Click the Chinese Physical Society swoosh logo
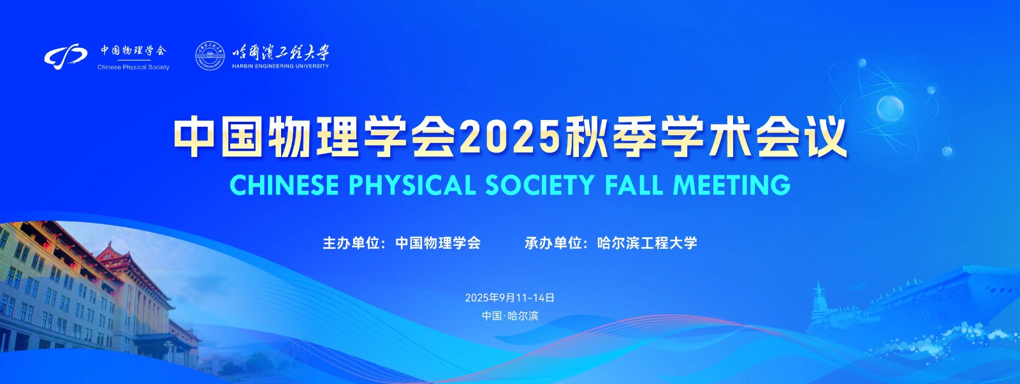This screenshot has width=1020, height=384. point(66,57)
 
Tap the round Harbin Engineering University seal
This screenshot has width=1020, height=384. point(210,56)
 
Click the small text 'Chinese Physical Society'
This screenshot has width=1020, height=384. point(133,68)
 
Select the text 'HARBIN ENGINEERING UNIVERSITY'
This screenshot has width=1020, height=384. point(280,66)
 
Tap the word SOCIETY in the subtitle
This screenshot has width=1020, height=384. point(540,185)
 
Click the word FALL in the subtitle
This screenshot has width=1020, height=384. point(634,185)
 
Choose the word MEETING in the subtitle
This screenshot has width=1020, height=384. point(732,185)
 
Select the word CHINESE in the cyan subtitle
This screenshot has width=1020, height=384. point(284,185)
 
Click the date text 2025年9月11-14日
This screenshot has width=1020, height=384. point(509,298)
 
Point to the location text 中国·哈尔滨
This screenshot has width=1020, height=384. point(510,316)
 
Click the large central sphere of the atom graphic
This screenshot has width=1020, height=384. point(890,108)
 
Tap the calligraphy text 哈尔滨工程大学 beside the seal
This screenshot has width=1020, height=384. point(280,52)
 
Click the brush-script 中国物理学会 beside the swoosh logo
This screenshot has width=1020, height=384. point(133,50)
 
